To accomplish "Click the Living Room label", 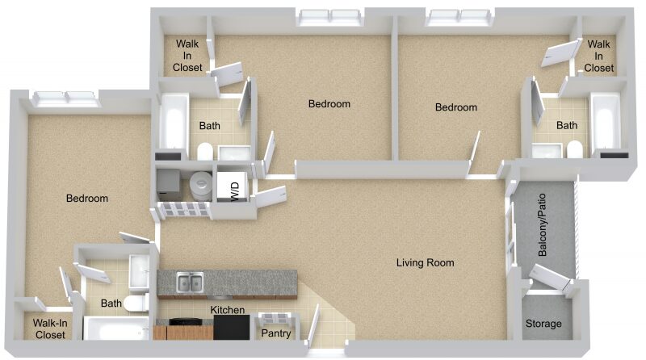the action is click(426, 263).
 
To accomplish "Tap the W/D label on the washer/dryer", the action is click(235, 191).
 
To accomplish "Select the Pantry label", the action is click(276, 333).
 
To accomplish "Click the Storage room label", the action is click(543, 324).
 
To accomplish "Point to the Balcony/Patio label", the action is click(543, 225).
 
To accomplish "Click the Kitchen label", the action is click(228, 310).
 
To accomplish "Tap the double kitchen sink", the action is click(190, 283).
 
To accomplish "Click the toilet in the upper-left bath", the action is click(205, 151).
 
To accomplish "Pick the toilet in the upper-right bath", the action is click(574, 149).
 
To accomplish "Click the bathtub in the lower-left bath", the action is click(115, 329).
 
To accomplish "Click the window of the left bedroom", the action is click(65, 98).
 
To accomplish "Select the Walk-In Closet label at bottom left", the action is click(50, 329).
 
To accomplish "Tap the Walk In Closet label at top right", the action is click(598, 56).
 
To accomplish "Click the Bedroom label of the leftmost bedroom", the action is click(87, 198).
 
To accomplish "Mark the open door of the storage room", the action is click(550, 276).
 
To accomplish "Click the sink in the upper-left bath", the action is click(234, 153).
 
